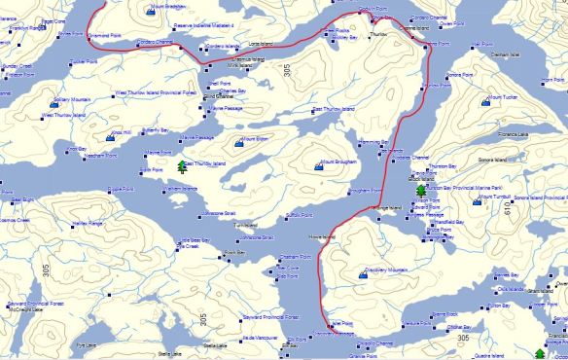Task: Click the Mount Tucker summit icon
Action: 488,99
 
